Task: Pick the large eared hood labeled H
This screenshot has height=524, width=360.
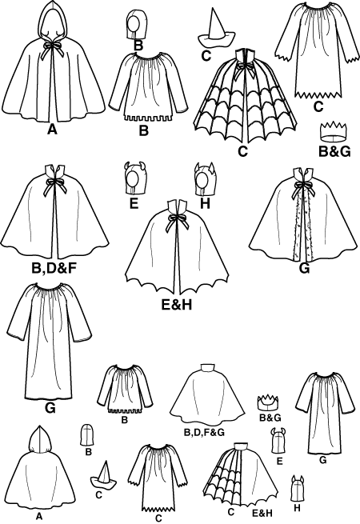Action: click(205, 178)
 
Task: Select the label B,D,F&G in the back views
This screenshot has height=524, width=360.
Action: click(204, 433)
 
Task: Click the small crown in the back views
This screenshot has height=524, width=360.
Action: click(268, 402)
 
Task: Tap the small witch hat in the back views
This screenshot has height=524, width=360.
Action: click(104, 475)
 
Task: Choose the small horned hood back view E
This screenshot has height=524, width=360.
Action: click(279, 441)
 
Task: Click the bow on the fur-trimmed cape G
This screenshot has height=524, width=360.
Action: click(302, 189)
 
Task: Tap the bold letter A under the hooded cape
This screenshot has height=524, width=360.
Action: click(52, 129)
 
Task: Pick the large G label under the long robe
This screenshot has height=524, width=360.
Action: click(50, 408)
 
